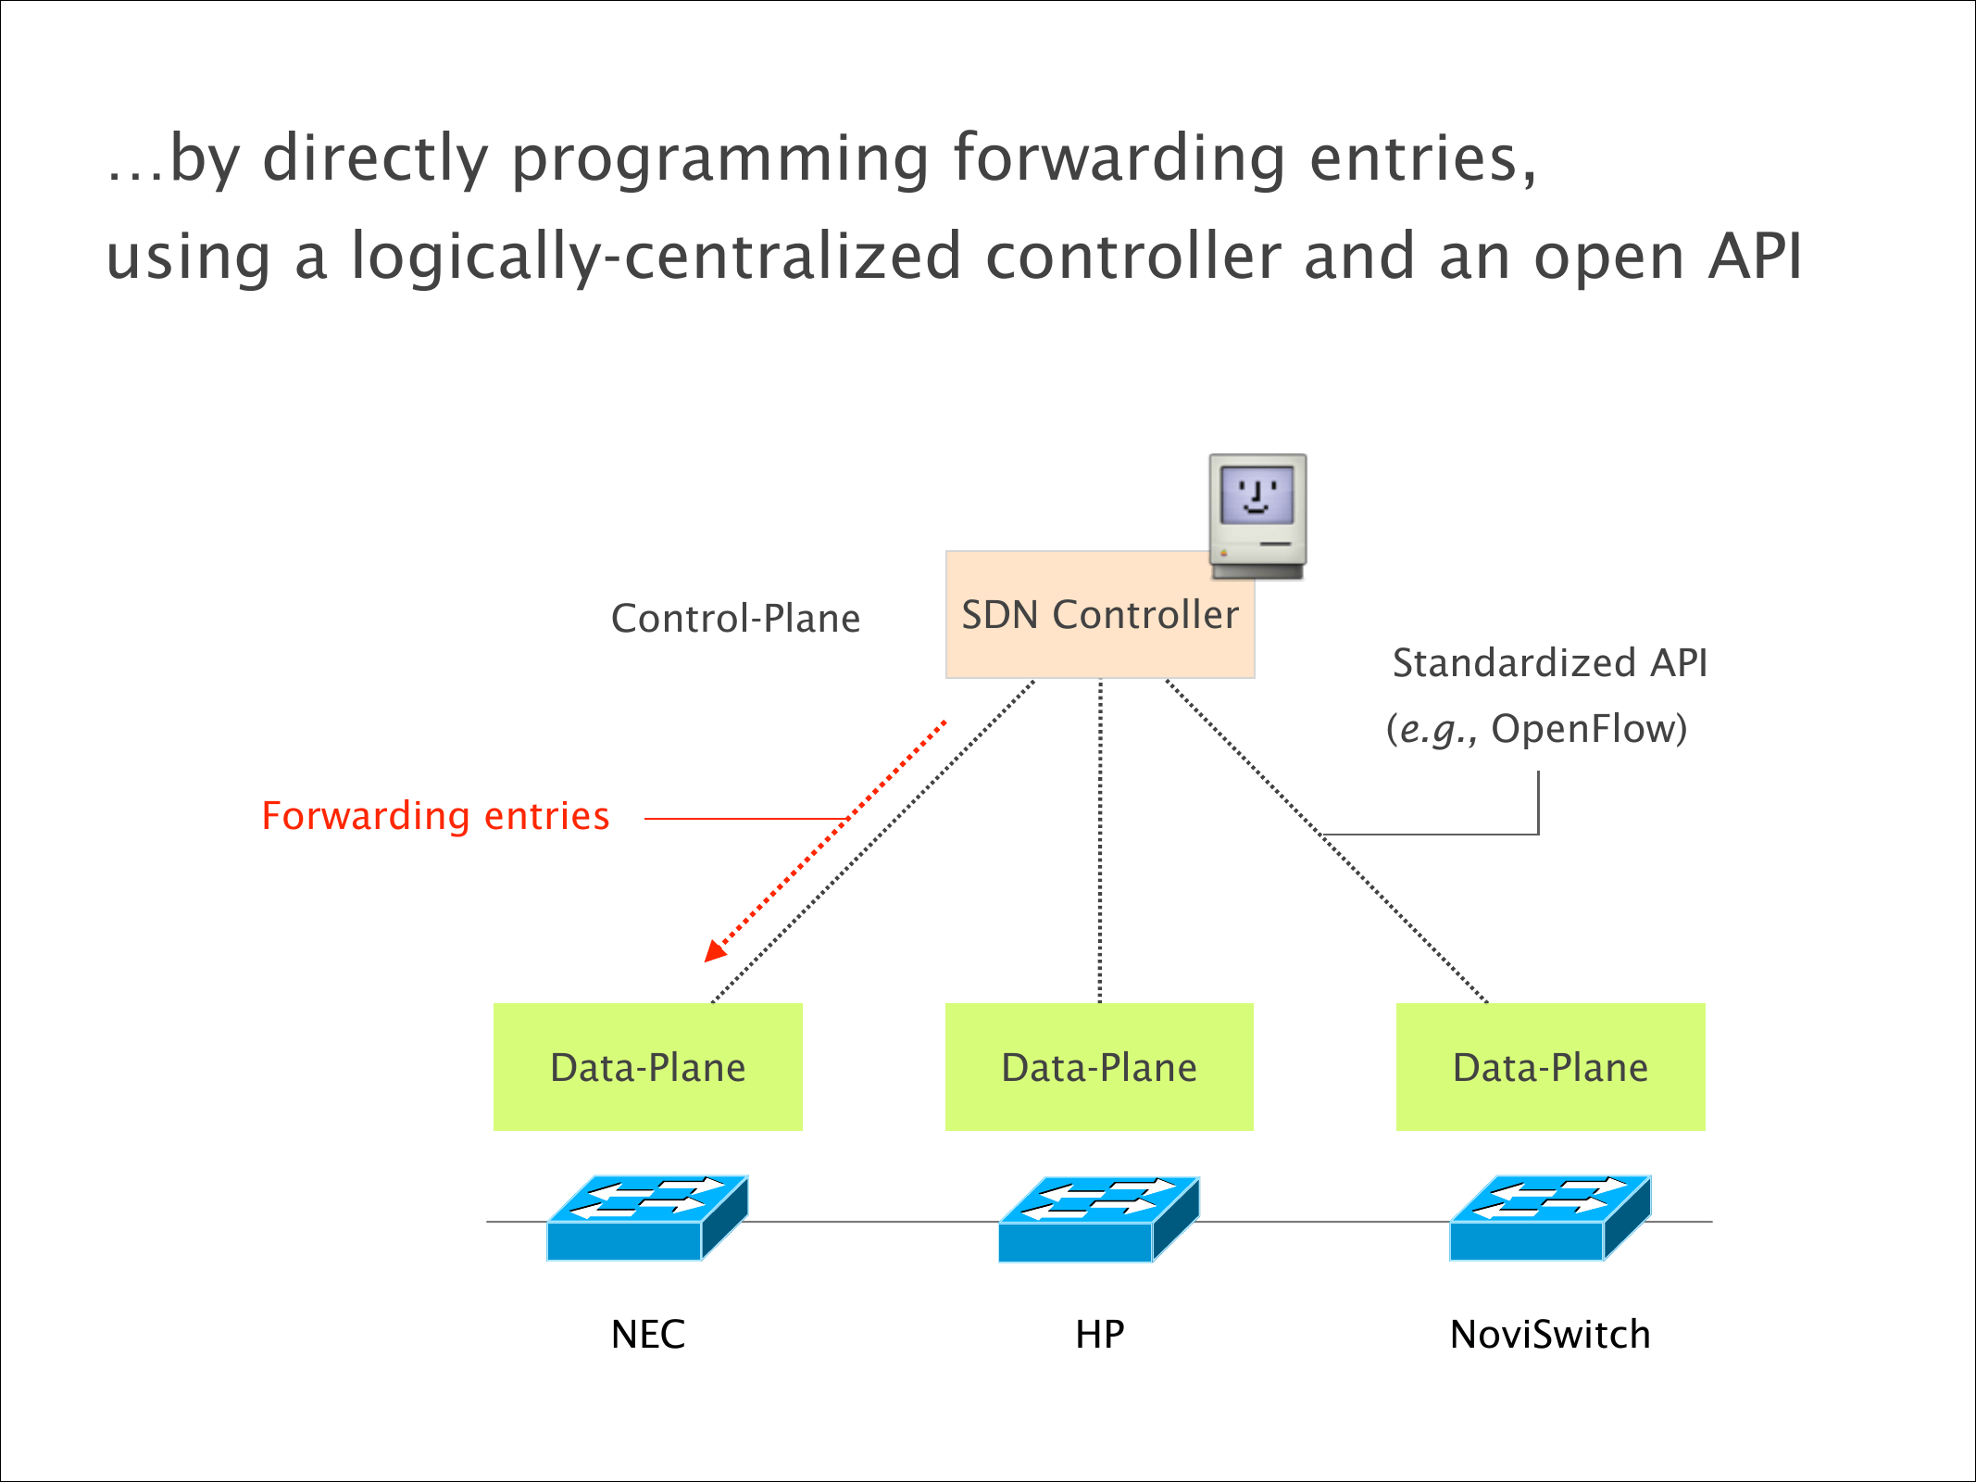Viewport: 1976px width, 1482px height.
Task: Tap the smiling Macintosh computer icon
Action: [x=1257, y=515]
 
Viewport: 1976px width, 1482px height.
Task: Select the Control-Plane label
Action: [x=735, y=619]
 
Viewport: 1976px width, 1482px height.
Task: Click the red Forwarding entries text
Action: [x=435, y=816]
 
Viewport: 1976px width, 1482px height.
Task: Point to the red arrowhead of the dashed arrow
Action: [x=715, y=951]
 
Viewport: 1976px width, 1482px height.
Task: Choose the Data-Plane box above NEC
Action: [x=647, y=1067]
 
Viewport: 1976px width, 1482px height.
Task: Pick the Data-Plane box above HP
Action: [x=1099, y=1067]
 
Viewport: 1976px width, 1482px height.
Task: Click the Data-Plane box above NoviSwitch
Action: [x=1550, y=1067]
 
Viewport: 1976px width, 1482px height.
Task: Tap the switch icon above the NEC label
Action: [x=647, y=1218]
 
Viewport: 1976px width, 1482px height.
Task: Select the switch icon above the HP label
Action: [x=1099, y=1219]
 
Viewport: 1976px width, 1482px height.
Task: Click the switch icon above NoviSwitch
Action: [x=1550, y=1218]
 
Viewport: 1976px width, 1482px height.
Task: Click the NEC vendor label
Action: [x=648, y=1335]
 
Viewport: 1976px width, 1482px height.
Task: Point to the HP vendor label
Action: [x=1100, y=1335]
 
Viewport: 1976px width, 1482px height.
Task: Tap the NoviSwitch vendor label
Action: [x=1550, y=1335]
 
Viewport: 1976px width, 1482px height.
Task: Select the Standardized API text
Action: [x=1549, y=663]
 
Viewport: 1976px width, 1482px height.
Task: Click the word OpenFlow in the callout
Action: [x=1586, y=729]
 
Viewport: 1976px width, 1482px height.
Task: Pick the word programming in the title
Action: [x=719, y=159]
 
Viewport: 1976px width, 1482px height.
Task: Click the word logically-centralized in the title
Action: [x=657, y=257]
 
